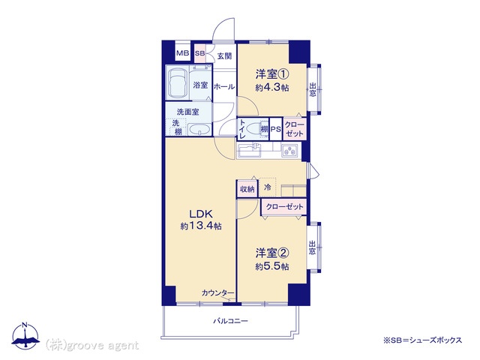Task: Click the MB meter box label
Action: [x=183, y=53]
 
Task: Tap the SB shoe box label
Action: [x=200, y=53]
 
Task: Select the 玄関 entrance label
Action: [x=224, y=56]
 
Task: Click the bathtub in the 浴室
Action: [x=178, y=82]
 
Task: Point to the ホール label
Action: [x=224, y=87]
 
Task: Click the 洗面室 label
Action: [x=188, y=112]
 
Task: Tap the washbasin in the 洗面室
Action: [x=199, y=129]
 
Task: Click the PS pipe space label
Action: [x=275, y=129]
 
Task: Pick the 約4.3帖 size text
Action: [x=272, y=88]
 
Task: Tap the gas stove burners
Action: [x=289, y=151]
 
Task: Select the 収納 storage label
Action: [x=247, y=189]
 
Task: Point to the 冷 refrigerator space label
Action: [x=268, y=187]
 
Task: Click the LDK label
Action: [x=201, y=213]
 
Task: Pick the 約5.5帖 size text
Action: [x=272, y=267]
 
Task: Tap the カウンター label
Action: [x=217, y=293]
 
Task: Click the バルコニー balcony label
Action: [x=230, y=321]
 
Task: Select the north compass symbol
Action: [x=25, y=336]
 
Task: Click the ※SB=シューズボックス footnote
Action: [x=422, y=340]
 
